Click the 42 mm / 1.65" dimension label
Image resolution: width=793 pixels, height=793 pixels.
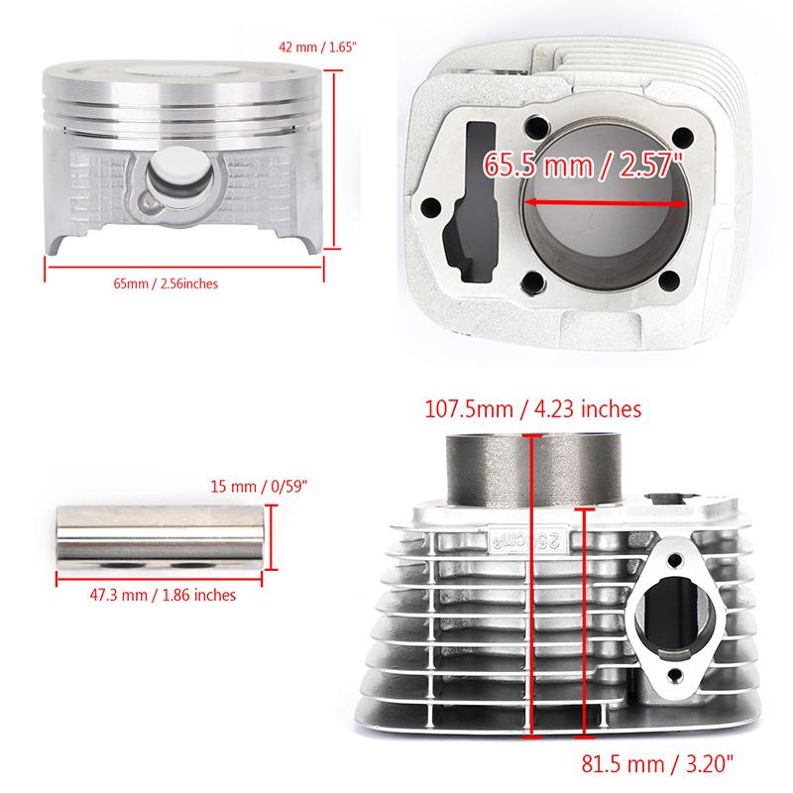[x=314, y=47]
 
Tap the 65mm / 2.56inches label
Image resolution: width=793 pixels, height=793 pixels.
[x=166, y=283]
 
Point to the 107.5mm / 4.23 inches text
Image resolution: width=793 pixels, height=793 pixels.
[x=532, y=407]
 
